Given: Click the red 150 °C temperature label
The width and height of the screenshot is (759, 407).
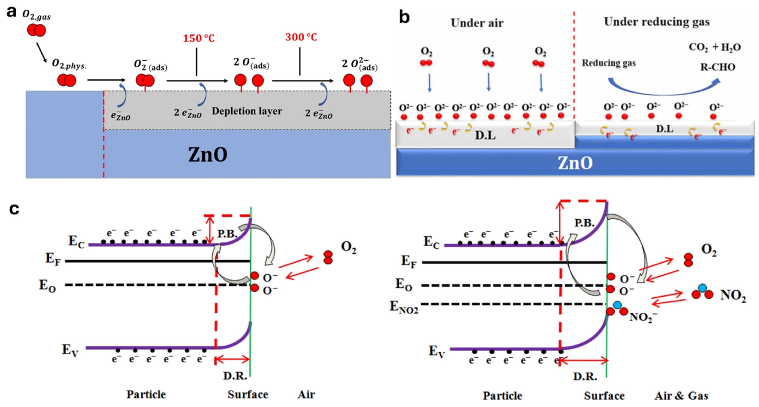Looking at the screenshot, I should [199, 38].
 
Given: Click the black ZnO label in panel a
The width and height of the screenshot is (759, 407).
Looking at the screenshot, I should [208, 155].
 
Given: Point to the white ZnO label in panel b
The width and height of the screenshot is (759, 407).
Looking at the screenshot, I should [575, 163].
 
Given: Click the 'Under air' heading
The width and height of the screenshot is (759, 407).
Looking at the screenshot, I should [477, 23].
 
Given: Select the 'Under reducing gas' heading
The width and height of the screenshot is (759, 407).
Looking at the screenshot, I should [657, 22].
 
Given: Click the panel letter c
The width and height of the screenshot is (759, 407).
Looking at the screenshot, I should [14, 209].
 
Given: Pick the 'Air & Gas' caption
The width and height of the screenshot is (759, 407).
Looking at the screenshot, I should [681, 396].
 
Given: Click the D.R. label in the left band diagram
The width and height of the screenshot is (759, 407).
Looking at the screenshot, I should [235, 376].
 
